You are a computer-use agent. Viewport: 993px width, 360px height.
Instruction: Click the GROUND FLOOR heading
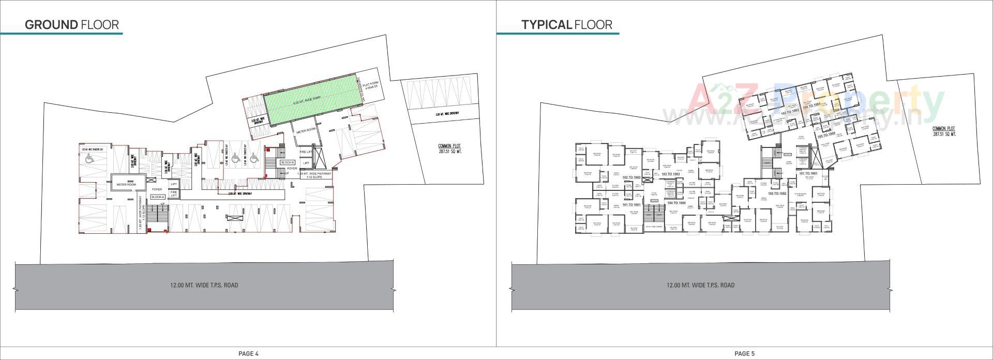click(x=72, y=24)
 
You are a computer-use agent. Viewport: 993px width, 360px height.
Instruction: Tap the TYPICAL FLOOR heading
click(x=566, y=24)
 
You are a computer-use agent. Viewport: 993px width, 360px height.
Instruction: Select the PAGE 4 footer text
click(x=248, y=354)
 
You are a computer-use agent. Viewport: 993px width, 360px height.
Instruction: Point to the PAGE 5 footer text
click(x=745, y=354)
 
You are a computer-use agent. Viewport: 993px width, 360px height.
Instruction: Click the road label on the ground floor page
click(x=204, y=285)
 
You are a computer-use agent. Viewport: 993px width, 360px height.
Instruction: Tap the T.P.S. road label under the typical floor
click(x=700, y=285)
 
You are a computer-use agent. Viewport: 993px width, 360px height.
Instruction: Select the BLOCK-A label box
click(x=158, y=197)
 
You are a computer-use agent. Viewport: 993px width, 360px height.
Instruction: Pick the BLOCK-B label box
click(x=287, y=162)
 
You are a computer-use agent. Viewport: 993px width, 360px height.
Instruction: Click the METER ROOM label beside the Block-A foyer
click(x=126, y=185)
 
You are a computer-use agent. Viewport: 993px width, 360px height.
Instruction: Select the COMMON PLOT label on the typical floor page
click(x=944, y=131)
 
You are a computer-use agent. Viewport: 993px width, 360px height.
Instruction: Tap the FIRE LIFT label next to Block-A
click(x=174, y=193)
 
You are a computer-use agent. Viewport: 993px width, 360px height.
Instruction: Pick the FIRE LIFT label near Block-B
click(x=306, y=152)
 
